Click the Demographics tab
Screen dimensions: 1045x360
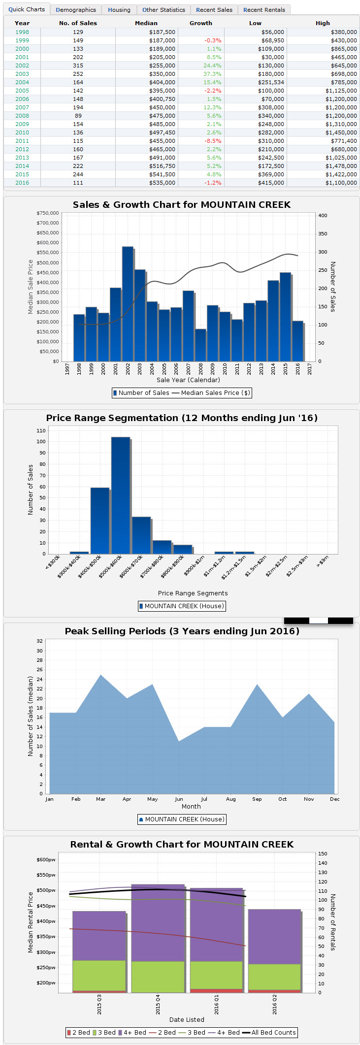click(x=76, y=10)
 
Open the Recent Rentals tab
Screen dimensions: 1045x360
click(x=264, y=10)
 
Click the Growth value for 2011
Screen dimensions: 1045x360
click(x=213, y=141)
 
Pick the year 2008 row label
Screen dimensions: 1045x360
click(x=22, y=116)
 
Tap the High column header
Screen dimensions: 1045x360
click(x=323, y=23)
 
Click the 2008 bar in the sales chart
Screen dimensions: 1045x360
click(x=200, y=345)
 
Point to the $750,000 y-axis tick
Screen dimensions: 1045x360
click(x=48, y=213)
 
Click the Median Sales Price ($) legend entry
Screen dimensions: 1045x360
click(x=211, y=393)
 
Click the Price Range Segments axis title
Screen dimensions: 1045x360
click(x=193, y=593)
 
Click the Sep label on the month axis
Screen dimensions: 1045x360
click(x=257, y=799)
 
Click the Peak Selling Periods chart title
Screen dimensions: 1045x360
click(x=182, y=631)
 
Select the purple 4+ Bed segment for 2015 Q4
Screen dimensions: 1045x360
click(x=158, y=923)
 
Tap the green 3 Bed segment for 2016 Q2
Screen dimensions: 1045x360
click(x=274, y=977)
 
